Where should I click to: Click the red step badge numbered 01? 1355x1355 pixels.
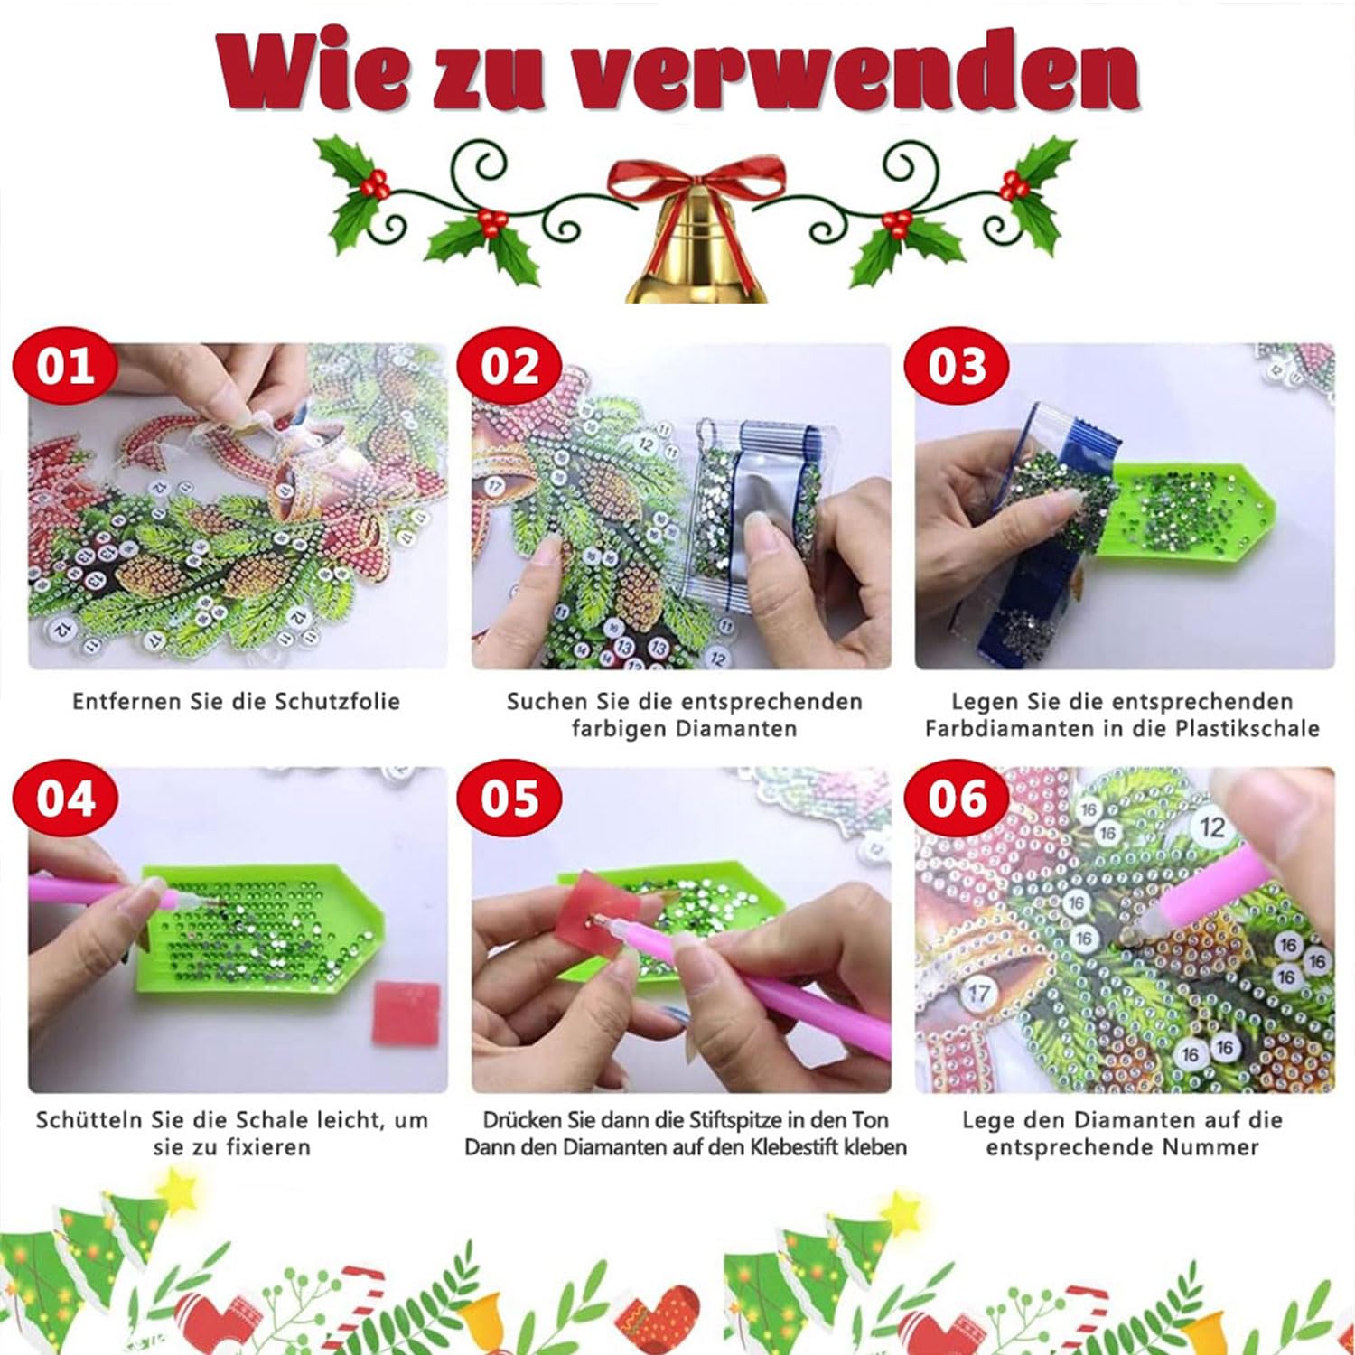point(66,367)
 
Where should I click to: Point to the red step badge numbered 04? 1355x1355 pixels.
point(66,799)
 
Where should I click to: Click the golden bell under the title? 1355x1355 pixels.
point(696,254)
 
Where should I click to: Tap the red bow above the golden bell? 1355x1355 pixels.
point(696,181)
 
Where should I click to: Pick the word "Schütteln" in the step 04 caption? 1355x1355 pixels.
point(85,1121)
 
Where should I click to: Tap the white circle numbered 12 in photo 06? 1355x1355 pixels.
point(1211,827)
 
